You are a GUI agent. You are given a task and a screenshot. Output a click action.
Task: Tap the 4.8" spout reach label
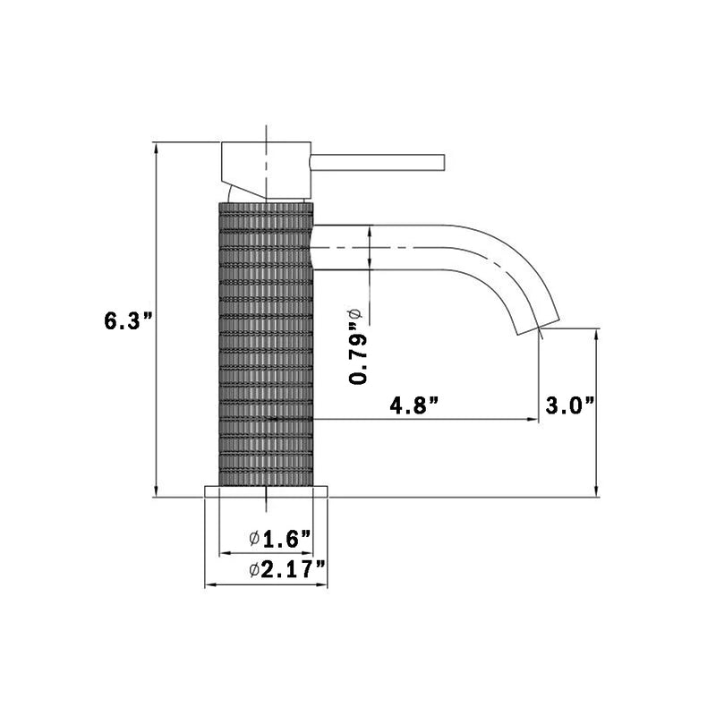coord(413,405)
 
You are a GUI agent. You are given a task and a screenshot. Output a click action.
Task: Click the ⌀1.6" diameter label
coord(280,538)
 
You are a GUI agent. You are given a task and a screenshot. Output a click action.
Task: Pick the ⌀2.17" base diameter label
coord(286,568)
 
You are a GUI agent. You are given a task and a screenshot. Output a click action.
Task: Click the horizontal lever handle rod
coord(377,160)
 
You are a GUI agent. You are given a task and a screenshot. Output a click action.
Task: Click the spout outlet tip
coord(538,325)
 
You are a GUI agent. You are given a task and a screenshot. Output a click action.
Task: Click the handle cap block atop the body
coord(266,168)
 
